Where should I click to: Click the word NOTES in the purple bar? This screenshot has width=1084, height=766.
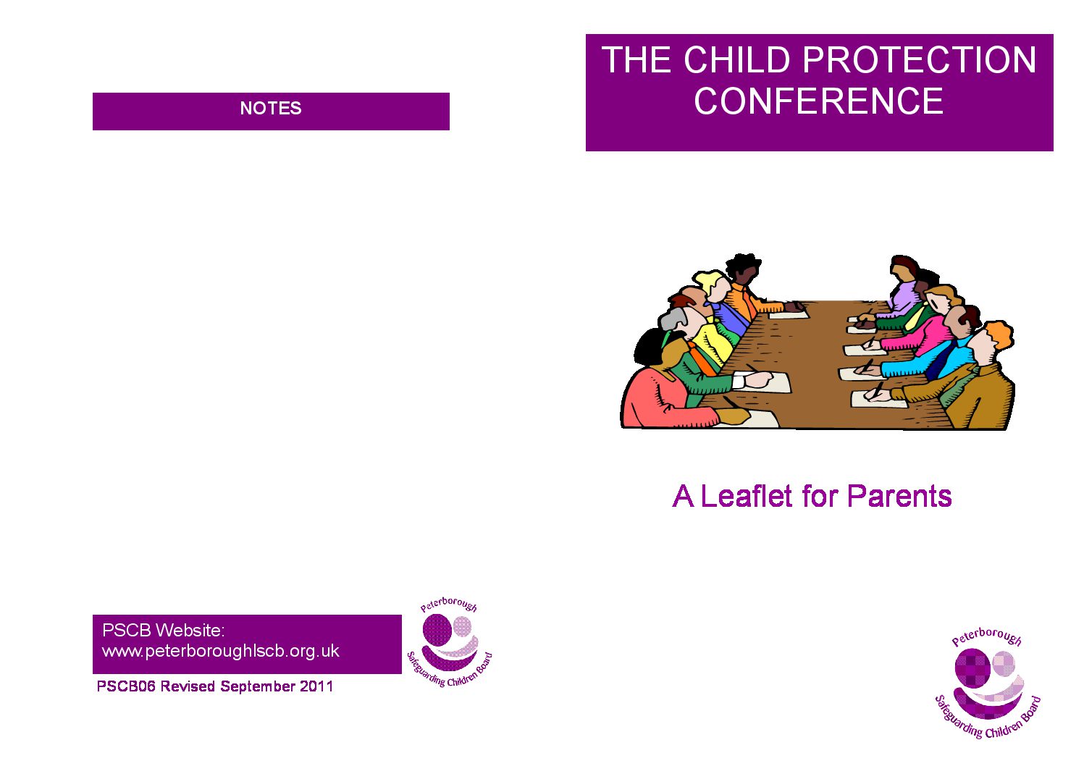271,108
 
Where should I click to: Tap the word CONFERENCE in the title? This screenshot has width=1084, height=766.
819,101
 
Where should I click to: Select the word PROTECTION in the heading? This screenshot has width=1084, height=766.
920,59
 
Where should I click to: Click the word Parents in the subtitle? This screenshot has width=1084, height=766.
899,496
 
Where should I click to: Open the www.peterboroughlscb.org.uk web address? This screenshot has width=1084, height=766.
221,652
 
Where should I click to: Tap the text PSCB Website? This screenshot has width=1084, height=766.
164,630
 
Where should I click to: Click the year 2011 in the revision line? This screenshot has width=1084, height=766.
316,686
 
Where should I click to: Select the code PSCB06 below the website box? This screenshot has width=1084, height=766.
126,686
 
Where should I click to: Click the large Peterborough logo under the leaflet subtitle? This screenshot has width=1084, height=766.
988,683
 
